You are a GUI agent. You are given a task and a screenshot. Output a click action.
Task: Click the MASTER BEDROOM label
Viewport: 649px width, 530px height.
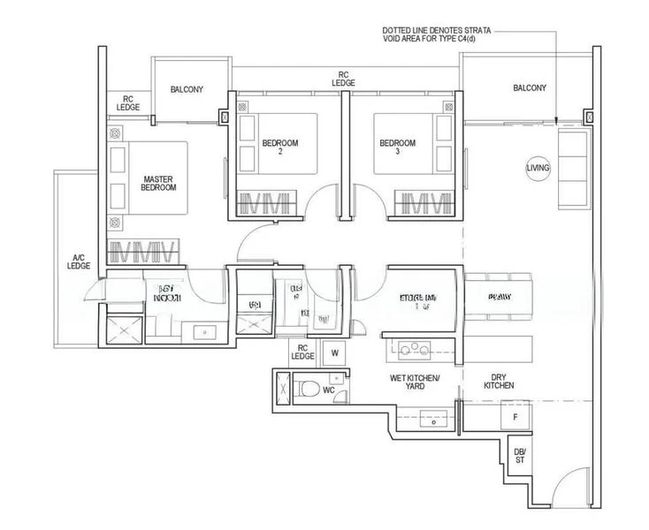pos(159,183)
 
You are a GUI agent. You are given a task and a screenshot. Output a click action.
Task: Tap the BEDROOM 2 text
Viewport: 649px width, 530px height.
pos(279,147)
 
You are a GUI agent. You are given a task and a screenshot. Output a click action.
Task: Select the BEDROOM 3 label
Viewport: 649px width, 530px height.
pos(397,147)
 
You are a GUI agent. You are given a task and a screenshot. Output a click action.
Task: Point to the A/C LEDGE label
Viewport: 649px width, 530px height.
pos(80,261)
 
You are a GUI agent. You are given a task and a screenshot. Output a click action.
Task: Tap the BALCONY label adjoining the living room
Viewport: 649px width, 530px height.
pos(529,87)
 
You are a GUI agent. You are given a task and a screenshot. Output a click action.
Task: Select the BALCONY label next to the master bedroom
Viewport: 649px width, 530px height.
pos(187,89)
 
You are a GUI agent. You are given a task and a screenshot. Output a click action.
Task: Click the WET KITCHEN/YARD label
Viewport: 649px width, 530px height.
pos(415,382)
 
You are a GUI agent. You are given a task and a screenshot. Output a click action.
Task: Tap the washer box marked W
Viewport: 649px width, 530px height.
pos(334,353)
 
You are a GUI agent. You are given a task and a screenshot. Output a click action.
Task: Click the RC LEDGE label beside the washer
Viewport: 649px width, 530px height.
pos(302,352)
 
